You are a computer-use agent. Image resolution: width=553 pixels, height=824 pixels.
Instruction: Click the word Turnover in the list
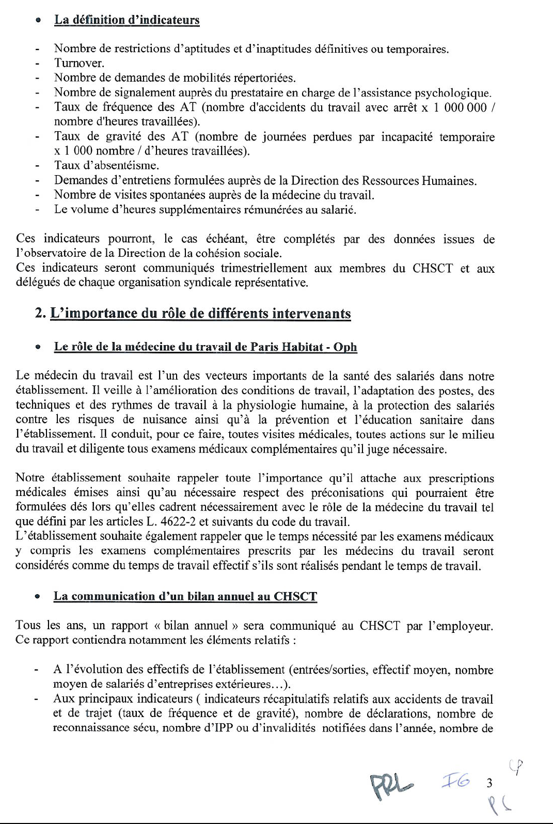(79, 64)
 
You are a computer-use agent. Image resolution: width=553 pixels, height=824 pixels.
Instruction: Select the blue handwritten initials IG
(454, 782)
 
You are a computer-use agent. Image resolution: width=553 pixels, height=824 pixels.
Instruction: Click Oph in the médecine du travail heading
(345, 347)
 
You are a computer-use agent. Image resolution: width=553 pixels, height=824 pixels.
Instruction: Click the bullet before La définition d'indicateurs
(38, 21)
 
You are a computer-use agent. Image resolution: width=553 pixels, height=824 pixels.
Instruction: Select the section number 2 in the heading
(40, 314)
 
